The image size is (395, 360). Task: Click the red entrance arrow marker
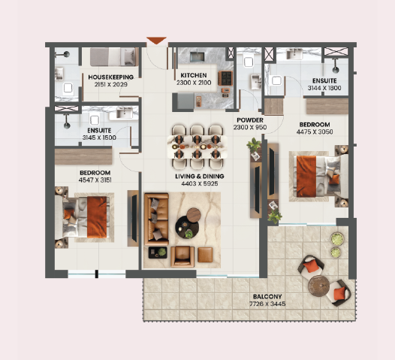coord(156,41)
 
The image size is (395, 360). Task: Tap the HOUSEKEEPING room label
coord(110,77)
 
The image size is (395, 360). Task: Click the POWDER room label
coord(251,120)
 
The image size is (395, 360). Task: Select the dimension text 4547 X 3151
coord(95,180)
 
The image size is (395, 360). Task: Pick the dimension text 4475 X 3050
coord(315,132)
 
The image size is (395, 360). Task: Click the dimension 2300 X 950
coord(251,128)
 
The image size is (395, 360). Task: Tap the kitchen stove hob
coord(225,77)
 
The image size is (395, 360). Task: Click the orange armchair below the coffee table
coord(182,256)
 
